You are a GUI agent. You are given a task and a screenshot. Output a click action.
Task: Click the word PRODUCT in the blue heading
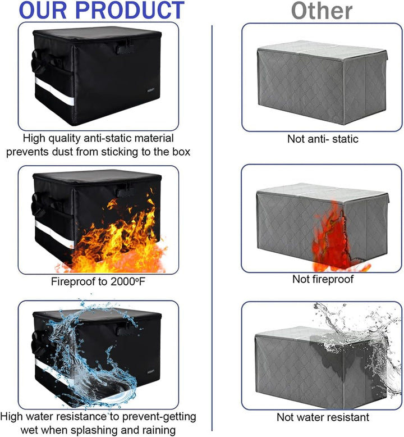pos(130,10)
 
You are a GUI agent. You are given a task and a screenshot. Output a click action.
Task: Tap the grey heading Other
pos(322,11)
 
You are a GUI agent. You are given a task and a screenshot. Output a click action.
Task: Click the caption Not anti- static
pos(323,139)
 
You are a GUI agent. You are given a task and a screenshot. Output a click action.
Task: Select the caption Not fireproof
pos(323,279)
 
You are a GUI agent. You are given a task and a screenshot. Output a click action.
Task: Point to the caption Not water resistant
pos(323,417)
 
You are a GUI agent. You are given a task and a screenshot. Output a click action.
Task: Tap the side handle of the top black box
pos(36,61)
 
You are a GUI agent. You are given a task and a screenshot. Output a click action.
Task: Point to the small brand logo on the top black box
pos(150,90)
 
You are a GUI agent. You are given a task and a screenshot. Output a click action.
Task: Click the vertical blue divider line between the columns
pos(212,228)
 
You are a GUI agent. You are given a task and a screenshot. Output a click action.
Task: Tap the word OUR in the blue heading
pos(43,10)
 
